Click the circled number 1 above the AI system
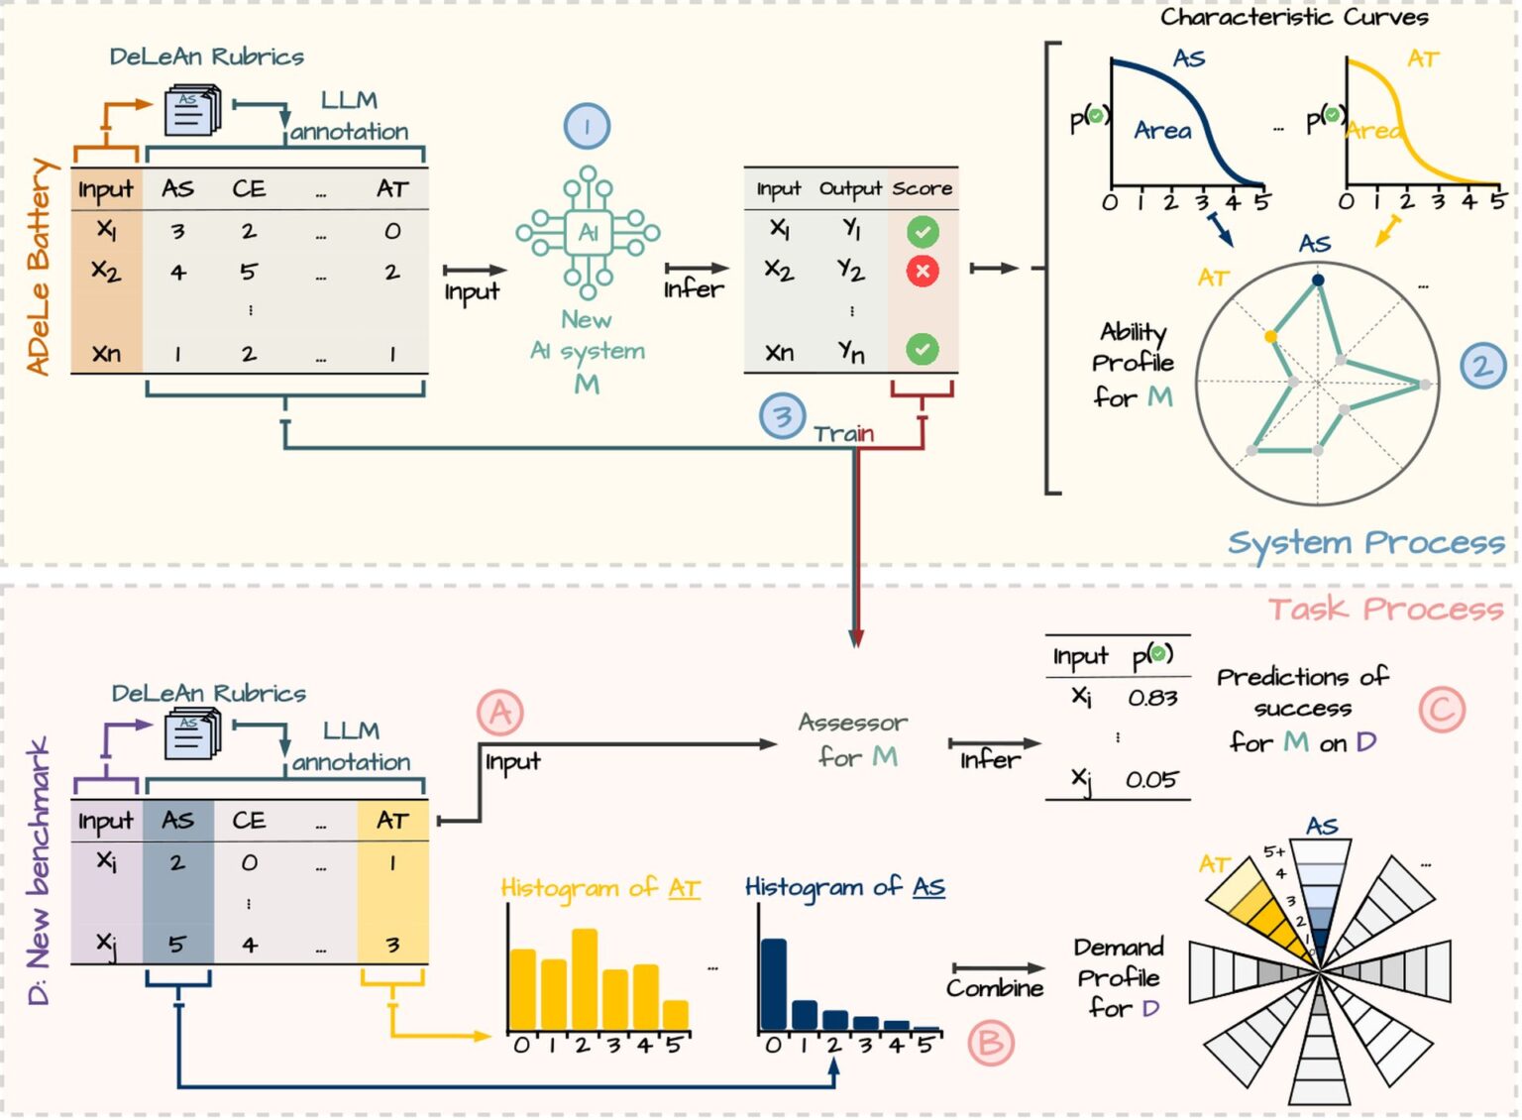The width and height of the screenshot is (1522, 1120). (587, 127)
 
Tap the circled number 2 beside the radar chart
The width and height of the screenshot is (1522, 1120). (1482, 366)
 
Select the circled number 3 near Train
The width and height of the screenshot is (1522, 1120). (782, 417)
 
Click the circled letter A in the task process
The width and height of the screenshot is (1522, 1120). (500, 713)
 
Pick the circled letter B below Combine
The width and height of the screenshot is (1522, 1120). (990, 1043)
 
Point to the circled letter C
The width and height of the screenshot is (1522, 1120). (1442, 710)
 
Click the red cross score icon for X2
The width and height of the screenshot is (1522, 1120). (923, 271)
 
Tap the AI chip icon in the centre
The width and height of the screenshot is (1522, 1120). (588, 233)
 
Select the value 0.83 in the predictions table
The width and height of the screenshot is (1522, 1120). (1152, 698)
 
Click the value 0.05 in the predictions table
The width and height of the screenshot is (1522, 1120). (1151, 780)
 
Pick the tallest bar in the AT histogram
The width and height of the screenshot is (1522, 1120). (585, 979)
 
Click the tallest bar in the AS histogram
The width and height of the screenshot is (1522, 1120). (773, 984)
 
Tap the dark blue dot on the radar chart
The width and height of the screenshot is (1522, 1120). (1317, 280)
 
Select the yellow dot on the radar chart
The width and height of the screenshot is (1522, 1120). (1270, 337)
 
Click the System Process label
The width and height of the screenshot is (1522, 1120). (1365, 543)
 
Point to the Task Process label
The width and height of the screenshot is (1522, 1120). (1385, 609)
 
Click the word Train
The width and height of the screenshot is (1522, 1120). (843, 434)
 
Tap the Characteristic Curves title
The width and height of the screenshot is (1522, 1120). (1294, 17)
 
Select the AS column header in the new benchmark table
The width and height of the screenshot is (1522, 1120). (178, 821)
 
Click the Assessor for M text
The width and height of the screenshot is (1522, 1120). (854, 739)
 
